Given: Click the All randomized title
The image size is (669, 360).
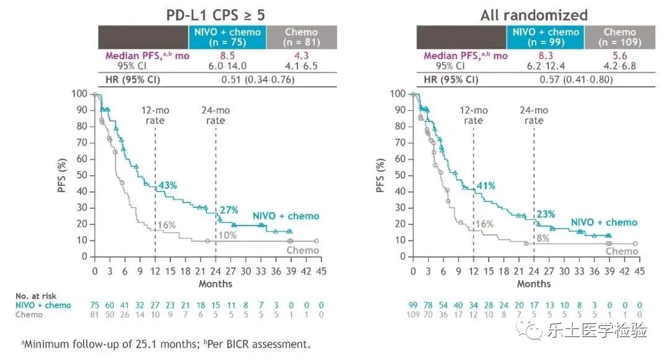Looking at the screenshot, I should coord(534,15).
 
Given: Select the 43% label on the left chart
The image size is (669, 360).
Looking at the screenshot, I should coord(168,185).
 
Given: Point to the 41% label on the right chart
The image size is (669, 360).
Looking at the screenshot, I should coord(486,185).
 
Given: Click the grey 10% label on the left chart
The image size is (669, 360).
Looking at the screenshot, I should coord(227,235).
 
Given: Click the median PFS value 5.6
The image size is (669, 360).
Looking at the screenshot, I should coord(619,55).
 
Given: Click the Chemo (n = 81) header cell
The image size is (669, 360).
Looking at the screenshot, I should coord(301,37).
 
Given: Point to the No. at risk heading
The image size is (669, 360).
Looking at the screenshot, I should coord(37,296).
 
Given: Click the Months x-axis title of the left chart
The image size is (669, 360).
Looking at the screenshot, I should coord(216,283).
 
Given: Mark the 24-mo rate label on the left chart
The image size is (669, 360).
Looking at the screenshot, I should coord(216,115).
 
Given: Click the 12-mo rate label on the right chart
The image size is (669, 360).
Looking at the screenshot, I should coord(473,115).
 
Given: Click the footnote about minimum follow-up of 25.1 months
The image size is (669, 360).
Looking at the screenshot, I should coord(162,343).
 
